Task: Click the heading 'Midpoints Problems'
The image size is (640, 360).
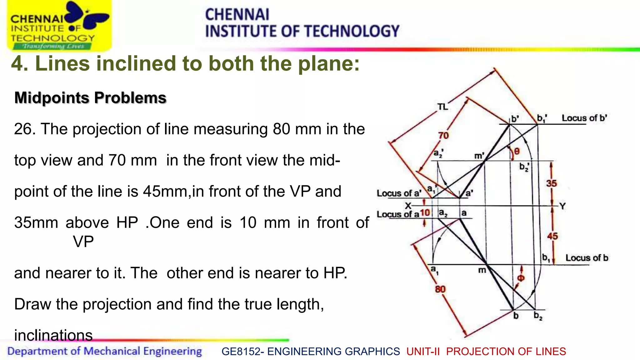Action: click(x=90, y=98)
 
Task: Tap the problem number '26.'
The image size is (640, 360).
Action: click(x=24, y=129)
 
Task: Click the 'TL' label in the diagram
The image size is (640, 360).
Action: click(x=442, y=107)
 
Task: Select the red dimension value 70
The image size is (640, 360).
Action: click(x=443, y=135)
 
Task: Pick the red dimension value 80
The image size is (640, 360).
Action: click(x=440, y=289)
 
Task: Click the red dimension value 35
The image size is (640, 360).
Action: click(x=551, y=183)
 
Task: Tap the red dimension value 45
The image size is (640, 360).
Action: click(x=552, y=236)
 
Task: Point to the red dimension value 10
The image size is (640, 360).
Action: click(x=425, y=213)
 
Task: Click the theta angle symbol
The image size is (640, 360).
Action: click(x=517, y=151)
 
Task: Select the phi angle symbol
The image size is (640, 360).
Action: click(x=521, y=278)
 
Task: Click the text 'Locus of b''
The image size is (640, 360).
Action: click(x=584, y=118)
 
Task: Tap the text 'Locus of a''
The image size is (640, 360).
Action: click(x=398, y=193)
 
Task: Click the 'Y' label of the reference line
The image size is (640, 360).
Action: click(x=562, y=206)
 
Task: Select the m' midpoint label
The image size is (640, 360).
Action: click(x=479, y=155)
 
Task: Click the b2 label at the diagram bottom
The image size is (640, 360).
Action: click(x=538, y=316)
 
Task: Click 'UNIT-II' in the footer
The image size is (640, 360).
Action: click(x=423, y=352)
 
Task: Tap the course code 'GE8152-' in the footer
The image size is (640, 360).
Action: click(x=243, y=352)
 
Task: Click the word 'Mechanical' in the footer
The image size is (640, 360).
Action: click(x=112, y=351)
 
